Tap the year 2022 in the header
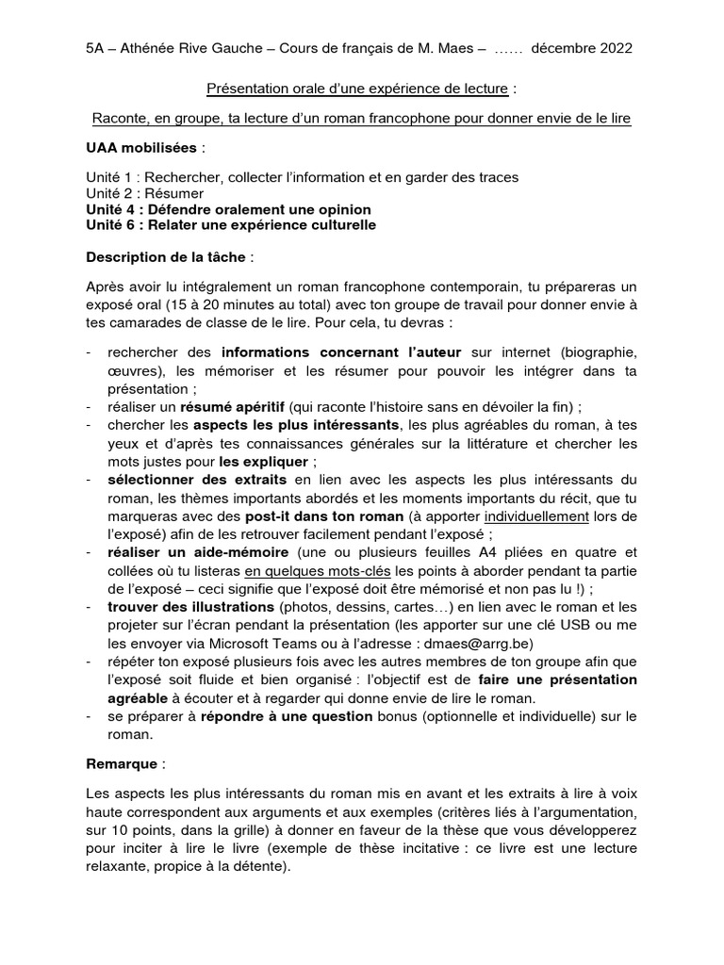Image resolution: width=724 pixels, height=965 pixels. tap(612, 48)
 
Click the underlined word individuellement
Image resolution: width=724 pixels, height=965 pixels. tap(537, 517)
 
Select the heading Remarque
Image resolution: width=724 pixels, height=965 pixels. tap(123, 761)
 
